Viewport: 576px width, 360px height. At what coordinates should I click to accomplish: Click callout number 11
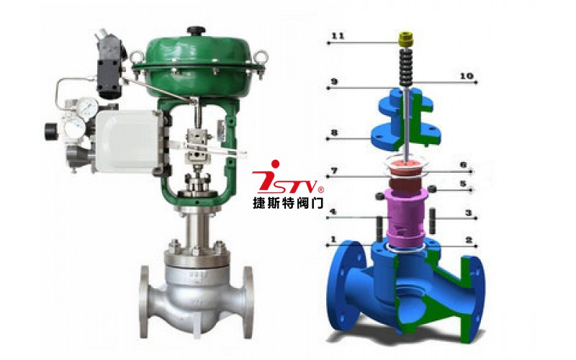[x=338, y=36]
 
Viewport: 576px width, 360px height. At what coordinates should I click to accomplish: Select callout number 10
[x=467, y=76]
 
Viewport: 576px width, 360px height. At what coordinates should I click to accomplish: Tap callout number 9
[x=334, y=81]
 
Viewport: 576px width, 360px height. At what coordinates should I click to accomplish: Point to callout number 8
[x=334, y=132]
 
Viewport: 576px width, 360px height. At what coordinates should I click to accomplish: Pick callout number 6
[x=463, y=166]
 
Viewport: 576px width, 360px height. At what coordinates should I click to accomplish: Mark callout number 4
[x=333, y=212]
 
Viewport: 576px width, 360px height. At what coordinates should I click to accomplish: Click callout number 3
[x=469, y=212]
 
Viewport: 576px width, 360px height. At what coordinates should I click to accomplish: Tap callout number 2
[x=469, y=240]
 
